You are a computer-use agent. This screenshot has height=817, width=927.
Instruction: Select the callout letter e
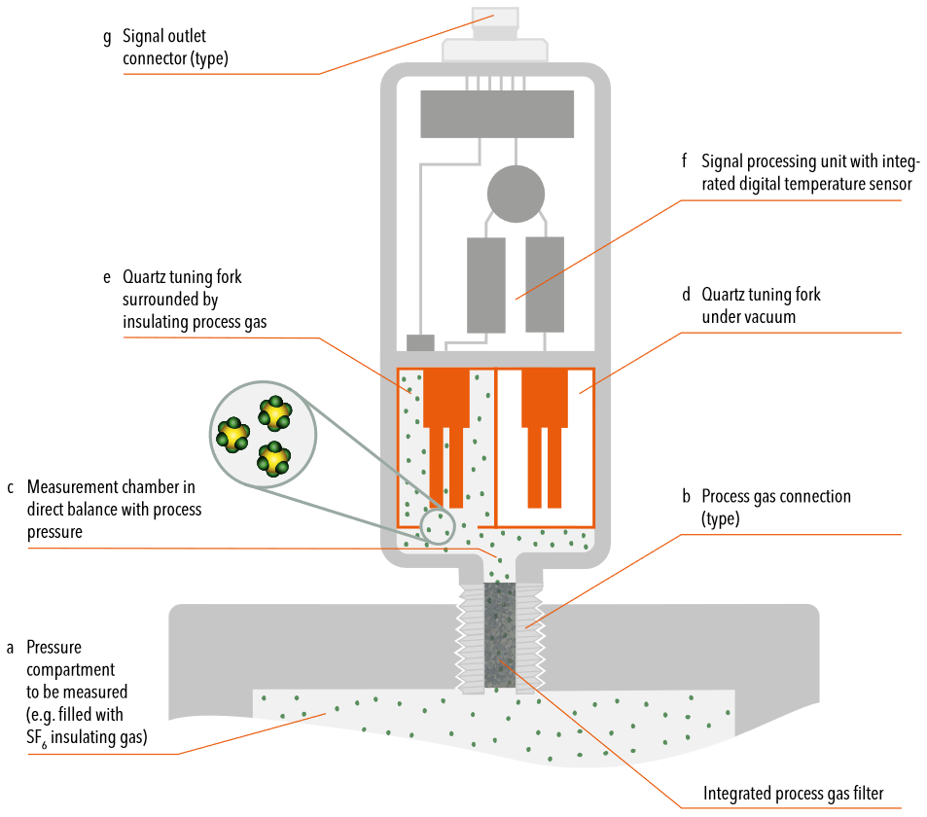107,277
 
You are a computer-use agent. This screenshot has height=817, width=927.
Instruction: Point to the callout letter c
10,485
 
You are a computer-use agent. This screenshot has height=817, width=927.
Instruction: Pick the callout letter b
686,496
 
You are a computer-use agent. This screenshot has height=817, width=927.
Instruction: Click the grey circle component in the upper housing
516,193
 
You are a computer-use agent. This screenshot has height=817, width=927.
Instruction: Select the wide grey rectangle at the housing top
496,114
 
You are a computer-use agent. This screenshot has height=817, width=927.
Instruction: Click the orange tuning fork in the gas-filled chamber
446,418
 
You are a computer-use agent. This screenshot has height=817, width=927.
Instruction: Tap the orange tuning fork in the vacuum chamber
545,418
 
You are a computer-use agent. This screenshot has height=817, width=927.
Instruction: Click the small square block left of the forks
419,342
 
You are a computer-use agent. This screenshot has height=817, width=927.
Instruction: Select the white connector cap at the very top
495,17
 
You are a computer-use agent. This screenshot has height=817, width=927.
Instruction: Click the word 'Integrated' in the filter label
736,794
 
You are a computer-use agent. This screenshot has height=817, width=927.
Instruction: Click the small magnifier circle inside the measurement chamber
436,528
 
